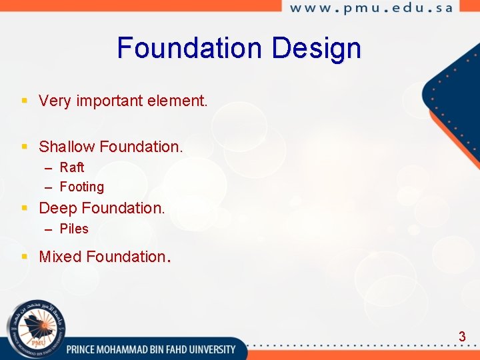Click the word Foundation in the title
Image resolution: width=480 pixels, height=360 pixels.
point(190,48)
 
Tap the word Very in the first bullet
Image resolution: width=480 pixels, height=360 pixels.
point(55,101)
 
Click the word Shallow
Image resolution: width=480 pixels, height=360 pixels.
point(67,147)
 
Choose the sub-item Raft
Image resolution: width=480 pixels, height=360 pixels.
point(72,167)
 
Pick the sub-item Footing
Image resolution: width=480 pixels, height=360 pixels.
point(82,187)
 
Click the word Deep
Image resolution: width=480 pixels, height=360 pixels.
point(58,208)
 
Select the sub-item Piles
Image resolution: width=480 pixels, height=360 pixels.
point(74,229)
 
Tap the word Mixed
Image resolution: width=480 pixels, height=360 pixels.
point(61,257)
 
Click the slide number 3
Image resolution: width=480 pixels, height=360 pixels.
point(462,337)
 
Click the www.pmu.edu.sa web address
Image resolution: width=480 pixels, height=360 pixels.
point(371,8)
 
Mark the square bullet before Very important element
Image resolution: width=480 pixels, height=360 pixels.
point(24,101)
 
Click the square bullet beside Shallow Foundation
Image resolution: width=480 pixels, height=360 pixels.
point(24,146)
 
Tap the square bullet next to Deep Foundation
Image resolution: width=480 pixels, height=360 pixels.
point(24,207)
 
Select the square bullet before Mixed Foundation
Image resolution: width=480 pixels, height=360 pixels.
point(24,256)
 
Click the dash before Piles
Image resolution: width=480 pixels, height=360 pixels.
point(49,229)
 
